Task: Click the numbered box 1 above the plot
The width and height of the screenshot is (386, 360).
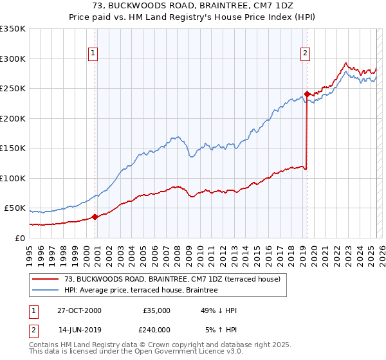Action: coord(93,53)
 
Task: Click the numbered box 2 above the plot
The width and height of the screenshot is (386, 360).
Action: coord(305,53)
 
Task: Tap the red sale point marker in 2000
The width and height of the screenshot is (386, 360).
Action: coord(95,217)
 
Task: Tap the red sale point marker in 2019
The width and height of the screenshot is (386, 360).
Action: coord(307,94)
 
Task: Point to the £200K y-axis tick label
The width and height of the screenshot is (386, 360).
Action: coord(13,118)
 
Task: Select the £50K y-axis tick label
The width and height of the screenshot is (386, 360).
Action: coord(15,208)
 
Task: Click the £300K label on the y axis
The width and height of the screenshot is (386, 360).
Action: coord(13,59)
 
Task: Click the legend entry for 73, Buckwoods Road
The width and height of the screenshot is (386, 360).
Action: coord(172,280)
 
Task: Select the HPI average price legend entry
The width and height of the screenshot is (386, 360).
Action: coord(141,290)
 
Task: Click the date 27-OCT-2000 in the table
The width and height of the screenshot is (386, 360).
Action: coord(79,310)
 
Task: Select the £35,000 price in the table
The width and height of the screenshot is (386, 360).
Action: coord(156,310)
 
